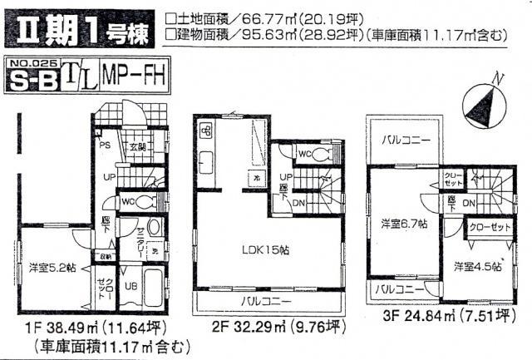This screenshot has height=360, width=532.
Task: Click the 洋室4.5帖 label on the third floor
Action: point(477,268)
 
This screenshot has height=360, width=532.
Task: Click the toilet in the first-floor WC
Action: point(143,202)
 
